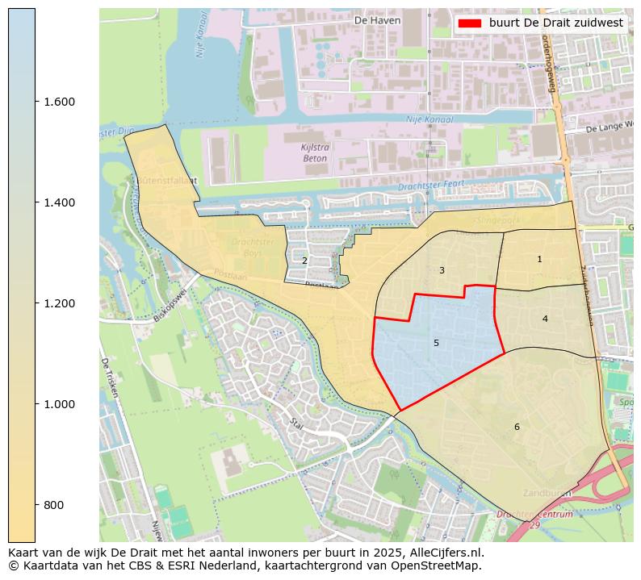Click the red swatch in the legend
tap(468, 23)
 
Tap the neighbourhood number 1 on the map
tap(539, 260)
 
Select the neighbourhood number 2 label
tap(304, 261)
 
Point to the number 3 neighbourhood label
tap(442, 270)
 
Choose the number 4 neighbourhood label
tap(545, 319)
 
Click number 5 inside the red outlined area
tap(436, 343)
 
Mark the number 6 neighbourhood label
tap(517, 427)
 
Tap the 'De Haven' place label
tap(377, 20)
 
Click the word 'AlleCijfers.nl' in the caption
tap(447, 553)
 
